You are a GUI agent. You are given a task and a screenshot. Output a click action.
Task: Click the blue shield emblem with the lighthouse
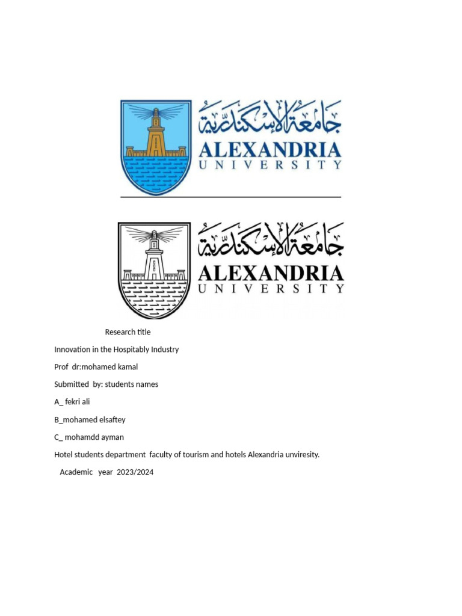coord(156,147)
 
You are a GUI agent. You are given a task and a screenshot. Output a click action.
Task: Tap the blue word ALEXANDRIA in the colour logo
coord(270,149)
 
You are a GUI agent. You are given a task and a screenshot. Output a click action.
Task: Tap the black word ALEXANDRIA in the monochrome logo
coord(271,274)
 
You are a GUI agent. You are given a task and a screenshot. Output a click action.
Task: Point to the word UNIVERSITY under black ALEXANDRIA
coord(271,289)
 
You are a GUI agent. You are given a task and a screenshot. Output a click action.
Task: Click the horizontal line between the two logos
coord(230,197)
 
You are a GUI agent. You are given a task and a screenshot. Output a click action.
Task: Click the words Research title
coord(128,332)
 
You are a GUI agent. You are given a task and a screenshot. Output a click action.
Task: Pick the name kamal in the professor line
coord(126,367)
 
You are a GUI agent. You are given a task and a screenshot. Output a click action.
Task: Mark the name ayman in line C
coord(112,437)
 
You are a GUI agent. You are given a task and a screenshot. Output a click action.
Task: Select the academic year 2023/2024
coord(136,472)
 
